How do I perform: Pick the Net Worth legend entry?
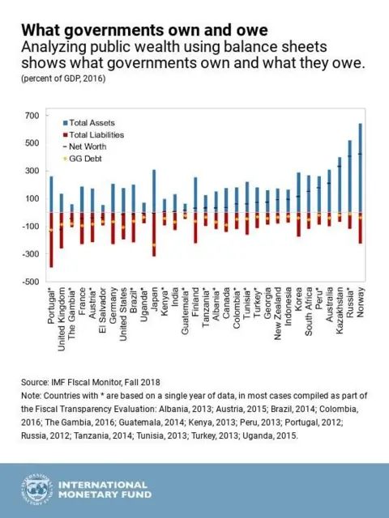click(88, 147)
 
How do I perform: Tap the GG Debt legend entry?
click(86, 160)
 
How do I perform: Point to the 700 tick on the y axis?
click(30, 116)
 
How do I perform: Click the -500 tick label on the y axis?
click(28, 282)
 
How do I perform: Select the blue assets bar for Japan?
click(154, 191)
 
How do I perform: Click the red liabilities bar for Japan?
click(154, 235)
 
